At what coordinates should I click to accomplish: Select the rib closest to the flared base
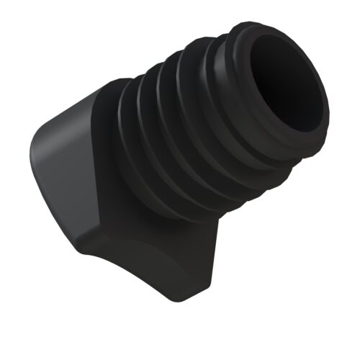tap(133, 148)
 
